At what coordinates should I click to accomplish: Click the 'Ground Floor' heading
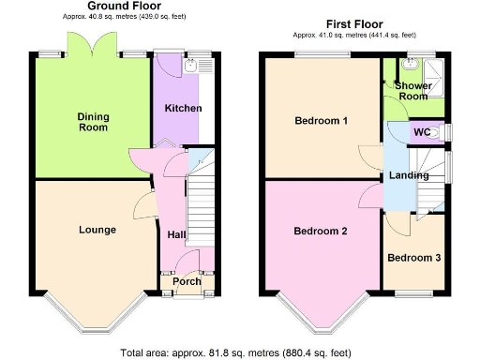coord(125,6)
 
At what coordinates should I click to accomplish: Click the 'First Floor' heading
coord(353,22)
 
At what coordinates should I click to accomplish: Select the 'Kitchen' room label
coord(183,108)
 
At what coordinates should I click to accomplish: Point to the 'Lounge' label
coord(97,230)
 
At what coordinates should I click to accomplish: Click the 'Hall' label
coord(176,235)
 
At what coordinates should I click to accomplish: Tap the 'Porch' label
coord(186,281)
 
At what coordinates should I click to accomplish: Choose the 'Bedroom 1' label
coord(322,121)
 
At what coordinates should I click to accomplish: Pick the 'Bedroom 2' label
coord(322,232)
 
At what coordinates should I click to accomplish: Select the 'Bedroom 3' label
coord(412,258)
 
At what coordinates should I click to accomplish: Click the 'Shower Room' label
coord(413,90)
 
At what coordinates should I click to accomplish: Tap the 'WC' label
coord(422,132)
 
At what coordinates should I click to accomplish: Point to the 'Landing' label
coord(410,175)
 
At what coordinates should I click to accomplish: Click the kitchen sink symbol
coord(192,65)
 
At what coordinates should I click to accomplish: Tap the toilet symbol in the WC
coord(440,133)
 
